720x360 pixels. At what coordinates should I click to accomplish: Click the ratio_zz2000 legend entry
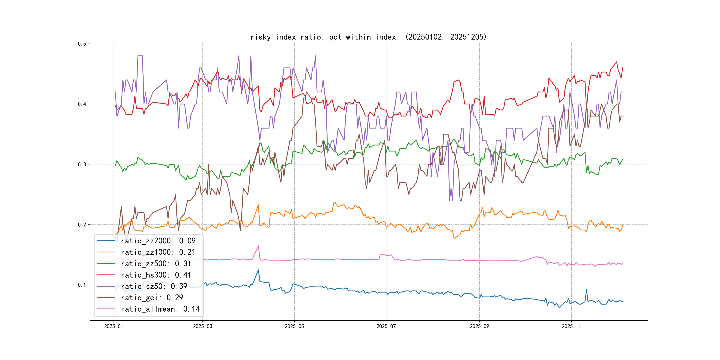pos(158,241)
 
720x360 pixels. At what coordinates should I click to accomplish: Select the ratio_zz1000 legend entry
pos(158,252)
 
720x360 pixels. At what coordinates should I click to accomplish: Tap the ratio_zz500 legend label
pos(156,264)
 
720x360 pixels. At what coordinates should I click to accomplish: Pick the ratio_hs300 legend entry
pos(156,275)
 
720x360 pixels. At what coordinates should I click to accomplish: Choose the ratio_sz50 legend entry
pos(154,286)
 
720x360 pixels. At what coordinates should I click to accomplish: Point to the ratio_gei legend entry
pos(152,298)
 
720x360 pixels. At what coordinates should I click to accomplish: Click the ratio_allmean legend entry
pos(160,309)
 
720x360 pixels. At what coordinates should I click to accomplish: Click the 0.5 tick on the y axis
pos(82,44)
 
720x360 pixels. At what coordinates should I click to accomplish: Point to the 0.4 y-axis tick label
pos(82,104)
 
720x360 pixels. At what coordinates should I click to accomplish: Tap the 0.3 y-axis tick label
pos(82,164)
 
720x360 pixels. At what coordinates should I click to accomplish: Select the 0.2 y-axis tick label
pos(82,225)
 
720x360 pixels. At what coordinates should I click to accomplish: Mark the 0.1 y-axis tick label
pos(82,285)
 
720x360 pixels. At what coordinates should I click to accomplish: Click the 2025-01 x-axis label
pos(114,326)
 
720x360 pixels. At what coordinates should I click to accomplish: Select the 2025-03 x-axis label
pos(203,326)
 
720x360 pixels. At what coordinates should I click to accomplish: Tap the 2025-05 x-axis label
pos(294,326)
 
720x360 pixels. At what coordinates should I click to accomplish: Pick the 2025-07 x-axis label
pos(386,326)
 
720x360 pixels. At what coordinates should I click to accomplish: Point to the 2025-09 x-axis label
pos(479,326)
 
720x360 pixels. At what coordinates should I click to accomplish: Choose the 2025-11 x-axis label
pos(571,326)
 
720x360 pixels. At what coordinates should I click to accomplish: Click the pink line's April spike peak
pos(258,246)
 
